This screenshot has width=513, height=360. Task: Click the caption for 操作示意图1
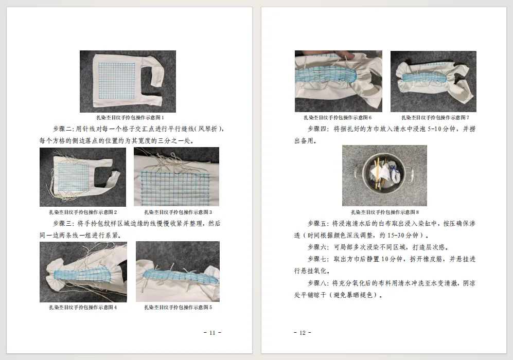(x=130, y=118)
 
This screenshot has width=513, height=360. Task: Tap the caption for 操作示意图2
(x=83, y=212)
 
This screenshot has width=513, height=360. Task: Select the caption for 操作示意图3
(x=178, y=212)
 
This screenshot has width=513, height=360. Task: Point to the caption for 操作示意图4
(x=83, y=308)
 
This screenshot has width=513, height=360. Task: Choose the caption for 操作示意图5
(x=178, y=308)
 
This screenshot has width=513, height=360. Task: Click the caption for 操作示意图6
(x=338, y=118)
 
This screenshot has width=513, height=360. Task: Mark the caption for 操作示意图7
(x=435, y=118)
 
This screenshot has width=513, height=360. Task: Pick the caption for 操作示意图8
(x=385, y=212)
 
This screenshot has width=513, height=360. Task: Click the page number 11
(x=213, y=333)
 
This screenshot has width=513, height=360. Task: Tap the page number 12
(x=303, y=333)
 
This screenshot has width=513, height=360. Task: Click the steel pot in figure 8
(x=385, y=175)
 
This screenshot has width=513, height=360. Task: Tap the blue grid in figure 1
(x=117, y=80)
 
